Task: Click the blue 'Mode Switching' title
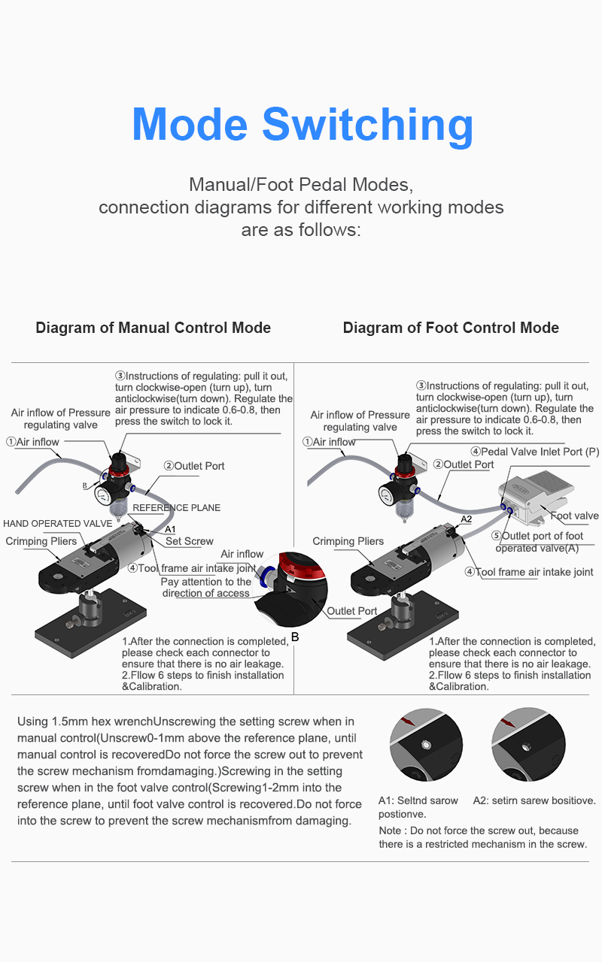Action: [x=303, y=125]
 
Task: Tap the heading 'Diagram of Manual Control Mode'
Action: [x=153, y=328]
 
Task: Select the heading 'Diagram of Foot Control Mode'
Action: [x=451, y=328]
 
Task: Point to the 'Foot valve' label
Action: [x=574, y=516]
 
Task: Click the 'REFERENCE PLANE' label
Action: [x=176, y=507]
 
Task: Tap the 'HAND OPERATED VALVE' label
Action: [x=58, y=524]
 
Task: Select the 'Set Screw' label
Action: [x=189, y=541]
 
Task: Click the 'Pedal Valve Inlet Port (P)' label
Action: [x=535, y=452]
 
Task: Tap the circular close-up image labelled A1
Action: [x=426, y=744]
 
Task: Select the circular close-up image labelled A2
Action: [x=528, y=744]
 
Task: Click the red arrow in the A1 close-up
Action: [x=407, y=721]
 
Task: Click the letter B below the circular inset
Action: [x=295, y=637]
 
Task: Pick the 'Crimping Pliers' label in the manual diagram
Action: [x=41, y=541]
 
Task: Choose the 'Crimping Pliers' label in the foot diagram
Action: [x=348, y=541]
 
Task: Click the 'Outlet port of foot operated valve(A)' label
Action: [x=537, y=542]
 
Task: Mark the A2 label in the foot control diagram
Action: [x=466, y=519]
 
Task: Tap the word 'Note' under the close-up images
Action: [x=390, y=830]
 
